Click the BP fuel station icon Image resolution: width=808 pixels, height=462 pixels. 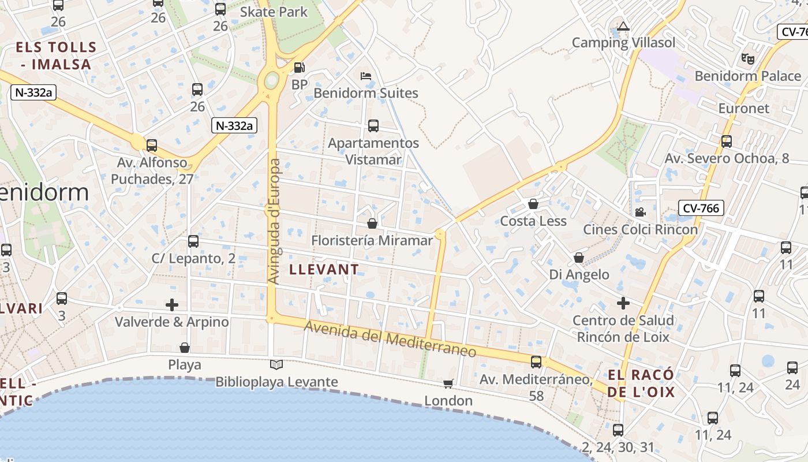pyautogui.click(x=299, y=67)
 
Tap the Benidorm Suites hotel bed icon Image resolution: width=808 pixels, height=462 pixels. pyautogui.click(x=365, y=76)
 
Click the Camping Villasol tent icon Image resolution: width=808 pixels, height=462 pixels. pyautogui.click(x=622, y=26)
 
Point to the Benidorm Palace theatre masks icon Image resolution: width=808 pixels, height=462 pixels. pyautogui.click(x=747, y=58)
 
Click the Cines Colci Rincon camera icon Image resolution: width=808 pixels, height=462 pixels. pyautogui.click(x=640, y=212)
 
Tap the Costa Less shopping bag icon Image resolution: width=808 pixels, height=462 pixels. pyautogui.click(x=533, y=204)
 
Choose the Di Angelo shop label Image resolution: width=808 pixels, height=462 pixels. pyautogui.click(x=579, y=274)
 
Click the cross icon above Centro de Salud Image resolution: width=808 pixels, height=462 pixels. pyautogui.click(x=623, y=303)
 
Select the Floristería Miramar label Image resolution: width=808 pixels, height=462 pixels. pyautogui.click(x=372, y=240)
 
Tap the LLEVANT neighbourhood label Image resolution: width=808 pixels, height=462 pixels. pyautogui.click(x=324, y=269)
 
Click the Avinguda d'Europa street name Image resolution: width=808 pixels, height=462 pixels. pyautogui.click(x=275, y=221)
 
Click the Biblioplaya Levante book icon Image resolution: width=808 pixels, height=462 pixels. pyautogui.click(x=276, y=364)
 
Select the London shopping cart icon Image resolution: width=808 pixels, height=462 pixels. pyautogui.click(x=448, y=383)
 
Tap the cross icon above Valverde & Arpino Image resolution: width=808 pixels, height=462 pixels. pyautogui.click(x=171, y=304)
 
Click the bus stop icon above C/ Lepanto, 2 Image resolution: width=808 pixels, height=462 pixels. pyautogui.click(x=193, y=241)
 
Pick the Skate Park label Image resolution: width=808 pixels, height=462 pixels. pyautogui.click(x=274, y=12)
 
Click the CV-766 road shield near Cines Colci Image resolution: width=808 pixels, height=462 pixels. pyautogui.click(x=701, y=208)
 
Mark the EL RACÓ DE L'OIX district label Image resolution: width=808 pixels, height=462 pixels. pyautogui.click(x=641, y=384)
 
